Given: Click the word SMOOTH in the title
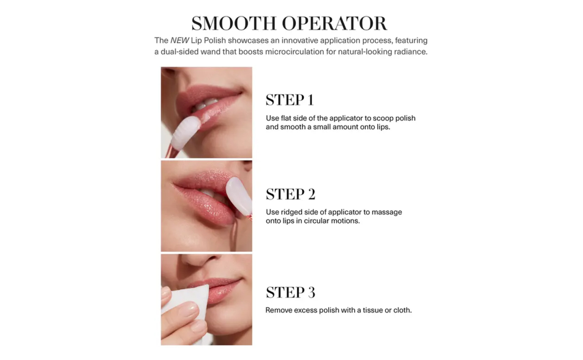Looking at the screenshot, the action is [x=234, y=23].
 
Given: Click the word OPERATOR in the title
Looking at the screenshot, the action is [x=334, y=23].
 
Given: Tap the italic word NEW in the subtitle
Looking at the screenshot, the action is [x=179, y=40].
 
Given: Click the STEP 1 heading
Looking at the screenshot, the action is [x=290, y=100].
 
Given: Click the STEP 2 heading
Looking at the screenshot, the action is [x=290, y=194].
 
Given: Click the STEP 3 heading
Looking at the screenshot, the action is [x=290, y=292].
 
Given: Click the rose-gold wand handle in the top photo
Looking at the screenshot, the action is [x=171, y=151].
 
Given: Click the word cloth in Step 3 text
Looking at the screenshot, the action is [x=402, y=310].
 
